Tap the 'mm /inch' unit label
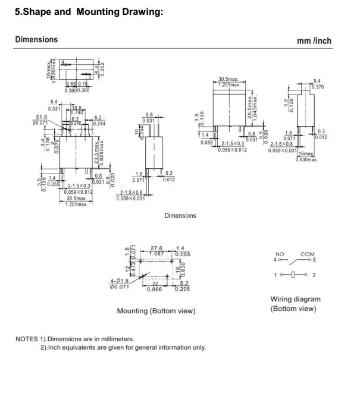[x=314, y=41]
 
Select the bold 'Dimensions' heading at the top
[x=36, y=40]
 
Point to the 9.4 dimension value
[x=317, y=81]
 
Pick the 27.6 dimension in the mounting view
[x=156, y=248]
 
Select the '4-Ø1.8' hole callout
[x=120, y=281]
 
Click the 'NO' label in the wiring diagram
[x=280, y=254]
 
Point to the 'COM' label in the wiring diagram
[x=307, y=254]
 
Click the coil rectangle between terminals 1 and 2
[x=293, y=275]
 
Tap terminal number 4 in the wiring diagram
[x=275, y=260]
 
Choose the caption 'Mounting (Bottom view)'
[x=156, y=311]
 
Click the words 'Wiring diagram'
[x=295, y=299]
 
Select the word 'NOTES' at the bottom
[x=27, y=339]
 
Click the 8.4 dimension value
[x=54, y=102]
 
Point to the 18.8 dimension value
[x=77, y=108]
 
